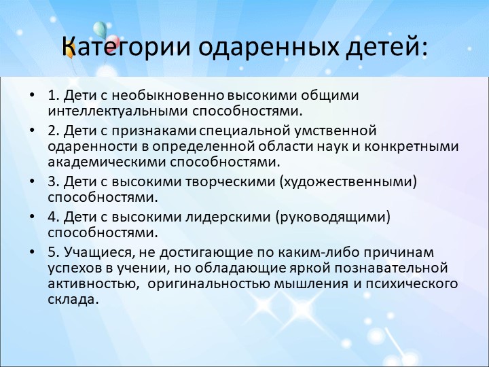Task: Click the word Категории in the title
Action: [126, 47]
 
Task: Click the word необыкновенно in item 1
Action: [168, 95]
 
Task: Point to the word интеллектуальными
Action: [117, 111]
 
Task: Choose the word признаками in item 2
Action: [153, 130]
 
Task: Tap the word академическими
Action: [107, 162]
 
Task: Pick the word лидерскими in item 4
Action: [228, 217]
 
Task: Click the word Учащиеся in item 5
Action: [100, 252]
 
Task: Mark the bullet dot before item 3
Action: [32, 181]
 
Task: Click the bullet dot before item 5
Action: [32, 251]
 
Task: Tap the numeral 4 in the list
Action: [52, 217]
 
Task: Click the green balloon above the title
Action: [100, 29]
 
